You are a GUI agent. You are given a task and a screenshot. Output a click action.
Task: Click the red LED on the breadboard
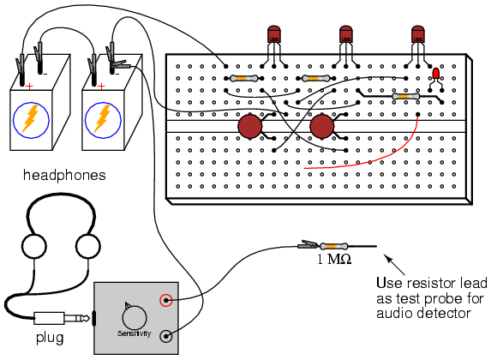tap(436, 74)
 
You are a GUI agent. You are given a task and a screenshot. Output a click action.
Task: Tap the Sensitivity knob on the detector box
tap(135, 317)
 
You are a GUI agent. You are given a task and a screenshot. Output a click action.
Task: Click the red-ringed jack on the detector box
tap(165, 300)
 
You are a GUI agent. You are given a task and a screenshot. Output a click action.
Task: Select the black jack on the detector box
tap(166, 336)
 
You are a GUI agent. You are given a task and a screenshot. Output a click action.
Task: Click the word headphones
tap(64, 175)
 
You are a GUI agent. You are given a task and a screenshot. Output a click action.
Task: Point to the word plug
tap(50, 338)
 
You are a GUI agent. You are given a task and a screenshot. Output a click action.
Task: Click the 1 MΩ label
tap(334, 260)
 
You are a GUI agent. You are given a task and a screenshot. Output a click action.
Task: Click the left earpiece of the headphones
tap(34, 246)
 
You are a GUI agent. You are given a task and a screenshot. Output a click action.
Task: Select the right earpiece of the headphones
tap(88, 246)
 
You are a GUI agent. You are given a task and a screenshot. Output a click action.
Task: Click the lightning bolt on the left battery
tap(31, 119)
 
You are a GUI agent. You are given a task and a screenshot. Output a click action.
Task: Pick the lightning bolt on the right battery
tap(103, 119)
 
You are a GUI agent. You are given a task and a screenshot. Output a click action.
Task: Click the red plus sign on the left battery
tap(29, 87)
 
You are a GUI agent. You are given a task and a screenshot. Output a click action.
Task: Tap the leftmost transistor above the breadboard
tap(274, 34)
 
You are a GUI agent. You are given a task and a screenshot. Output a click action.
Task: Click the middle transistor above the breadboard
tap(346, 34)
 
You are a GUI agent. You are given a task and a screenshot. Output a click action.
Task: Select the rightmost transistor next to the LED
tap(418, 34)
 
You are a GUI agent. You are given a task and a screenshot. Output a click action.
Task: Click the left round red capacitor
tap(249, 126)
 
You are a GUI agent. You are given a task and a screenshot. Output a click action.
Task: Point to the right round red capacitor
tap(321, 126)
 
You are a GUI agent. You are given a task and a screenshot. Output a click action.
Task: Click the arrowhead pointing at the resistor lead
tap(387, 257)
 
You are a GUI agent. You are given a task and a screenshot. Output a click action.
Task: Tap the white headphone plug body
tap(49, 318)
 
